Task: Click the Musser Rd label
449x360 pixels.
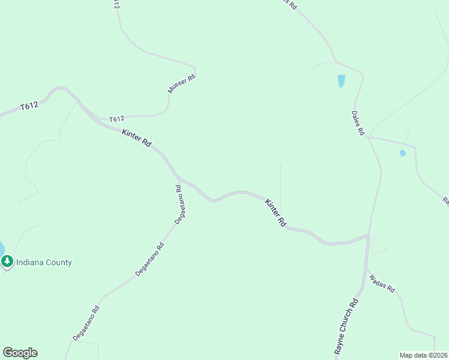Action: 181,83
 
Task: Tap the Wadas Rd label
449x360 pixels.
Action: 382,283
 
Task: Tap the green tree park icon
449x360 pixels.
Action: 7,261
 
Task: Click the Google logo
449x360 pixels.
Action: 20,353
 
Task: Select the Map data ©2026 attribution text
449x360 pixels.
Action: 423,355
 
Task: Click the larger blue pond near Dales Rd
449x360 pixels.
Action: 341,80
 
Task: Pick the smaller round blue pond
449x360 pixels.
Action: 402,153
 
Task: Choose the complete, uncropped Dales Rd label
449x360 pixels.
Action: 358,122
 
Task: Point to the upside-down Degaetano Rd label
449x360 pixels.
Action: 179,205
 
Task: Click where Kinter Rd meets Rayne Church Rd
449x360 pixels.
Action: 367,235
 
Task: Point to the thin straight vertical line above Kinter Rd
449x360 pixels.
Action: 280,186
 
